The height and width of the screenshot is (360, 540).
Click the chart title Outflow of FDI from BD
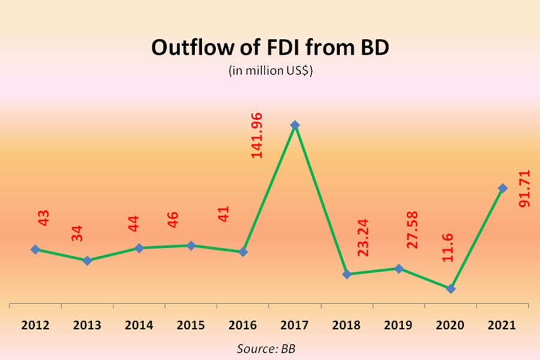click(x=270, y=47)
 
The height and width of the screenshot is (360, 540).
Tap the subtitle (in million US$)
click(x=269, y=70)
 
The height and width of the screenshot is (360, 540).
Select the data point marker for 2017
click(x=295, y=125)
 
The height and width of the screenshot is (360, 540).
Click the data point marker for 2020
click(x=451, y=289)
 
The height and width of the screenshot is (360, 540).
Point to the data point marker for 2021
click(x=503, y=188)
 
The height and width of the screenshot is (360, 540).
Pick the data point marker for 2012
click(x=35, y=249)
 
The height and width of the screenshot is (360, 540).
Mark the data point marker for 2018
click(x=347, y=274)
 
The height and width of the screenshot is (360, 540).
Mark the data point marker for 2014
click(x=139, y=248)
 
